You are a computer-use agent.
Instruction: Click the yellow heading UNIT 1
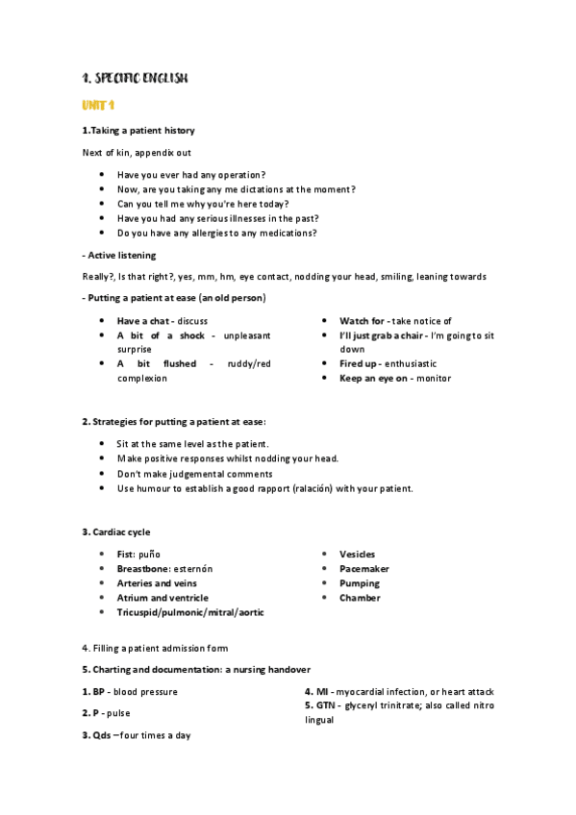[99, 104]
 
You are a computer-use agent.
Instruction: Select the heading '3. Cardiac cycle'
[115, 532]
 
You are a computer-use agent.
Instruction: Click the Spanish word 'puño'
[150, 555]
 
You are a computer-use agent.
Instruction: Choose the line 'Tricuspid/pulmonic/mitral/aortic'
[190, 612]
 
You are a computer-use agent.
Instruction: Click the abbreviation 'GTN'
[329, 705]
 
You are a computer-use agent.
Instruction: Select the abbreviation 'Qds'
[99, 735]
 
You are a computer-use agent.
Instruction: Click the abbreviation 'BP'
[98, 692]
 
